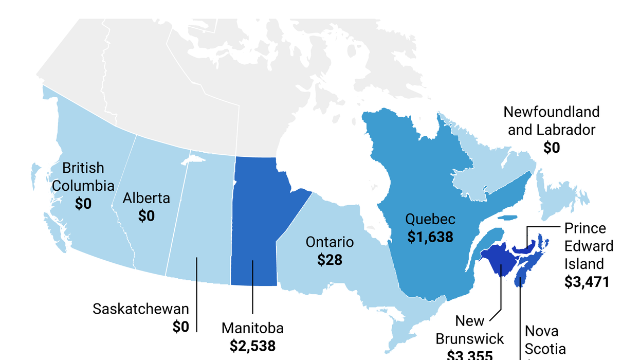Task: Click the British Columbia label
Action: pyautogui.click(x=83, y=176)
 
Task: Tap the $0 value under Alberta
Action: pyautogui.click(x=146, y=216)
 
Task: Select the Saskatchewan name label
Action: pyautogui.click(x=141, y=309)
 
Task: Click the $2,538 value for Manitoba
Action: pyautogui.click(x=252, y=345)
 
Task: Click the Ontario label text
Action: pyautogui.click(x=330, y=242)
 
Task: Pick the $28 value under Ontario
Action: pyautogui.click(x=330, y=260)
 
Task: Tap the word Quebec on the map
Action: pyautogui.click(x=430, y=219)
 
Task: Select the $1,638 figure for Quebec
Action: pyautogui.click(x=430, y=237)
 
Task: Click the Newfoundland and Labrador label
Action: pyautogui.click(x=552, y=121)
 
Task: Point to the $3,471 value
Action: pyautogui.click(x=587, y=282)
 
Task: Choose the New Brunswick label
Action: pyautogui.click(x=470, y=330)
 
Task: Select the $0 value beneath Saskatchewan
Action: pyautogui.click(x=180, y=327)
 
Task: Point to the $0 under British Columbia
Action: pyautogui.click(x=83, y=204)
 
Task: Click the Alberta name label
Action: pyautogui.click(x=146, y=199)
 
